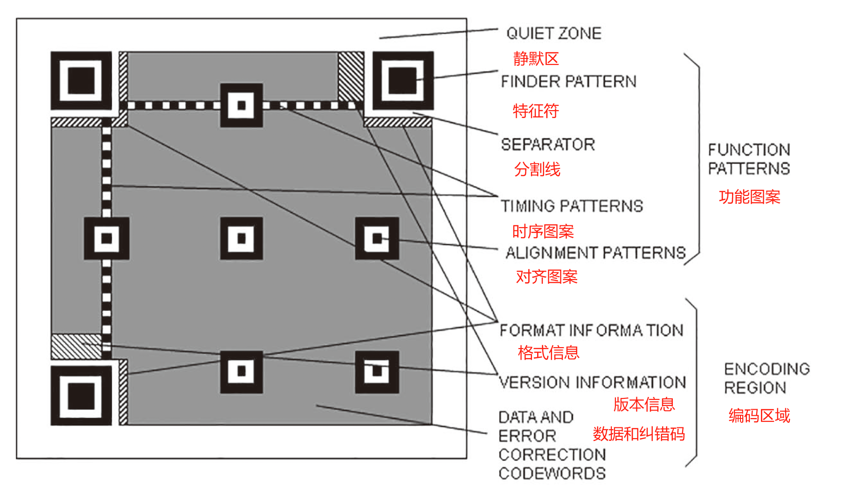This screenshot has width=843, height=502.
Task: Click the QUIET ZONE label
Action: click(554, 33)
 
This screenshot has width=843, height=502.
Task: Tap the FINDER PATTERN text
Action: click(569, 82)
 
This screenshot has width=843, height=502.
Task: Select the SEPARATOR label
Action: click(548, 145)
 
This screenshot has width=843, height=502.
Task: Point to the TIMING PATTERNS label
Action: click(572, 206)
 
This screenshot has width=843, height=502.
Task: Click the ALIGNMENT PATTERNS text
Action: click(596, 253)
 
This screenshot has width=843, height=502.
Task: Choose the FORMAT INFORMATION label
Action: click(591, 330)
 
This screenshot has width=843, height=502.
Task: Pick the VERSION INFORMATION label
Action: click(592, 383)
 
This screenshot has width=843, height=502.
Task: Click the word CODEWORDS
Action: click(552, 474)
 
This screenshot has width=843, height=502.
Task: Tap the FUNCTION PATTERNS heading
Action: click(749, 159)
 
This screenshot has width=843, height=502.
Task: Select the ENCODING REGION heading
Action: click(767, 378)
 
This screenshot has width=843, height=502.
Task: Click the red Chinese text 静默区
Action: click(536, 59)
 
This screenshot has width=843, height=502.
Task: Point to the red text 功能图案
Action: click(749, 197)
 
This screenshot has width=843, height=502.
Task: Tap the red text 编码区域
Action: click(759, 415)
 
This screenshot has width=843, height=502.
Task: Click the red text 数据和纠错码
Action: click(639, 434)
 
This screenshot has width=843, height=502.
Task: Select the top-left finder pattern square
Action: click(81, 81)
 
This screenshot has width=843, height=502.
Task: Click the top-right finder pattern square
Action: click(403, 81)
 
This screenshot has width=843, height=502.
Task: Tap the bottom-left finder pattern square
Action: click(81, 396)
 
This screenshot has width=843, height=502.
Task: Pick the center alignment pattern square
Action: click(242, 238)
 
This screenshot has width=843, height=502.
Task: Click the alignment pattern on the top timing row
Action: click(242, 105)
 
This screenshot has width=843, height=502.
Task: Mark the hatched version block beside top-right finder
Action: click(351, 76)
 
